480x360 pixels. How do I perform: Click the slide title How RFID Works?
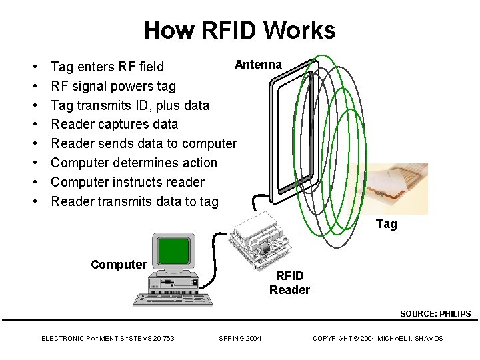click(x=239, y=30)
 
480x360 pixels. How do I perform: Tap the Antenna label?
click(x=258, y=64)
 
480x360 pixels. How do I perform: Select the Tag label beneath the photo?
click(x=386, y=224)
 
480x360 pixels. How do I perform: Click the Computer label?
click(x=118, y=264)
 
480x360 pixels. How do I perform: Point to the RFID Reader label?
click(x=289, y=283)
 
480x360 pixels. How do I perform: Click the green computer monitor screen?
click(x=173, y=251)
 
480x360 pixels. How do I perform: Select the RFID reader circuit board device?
click(x=262, y=240)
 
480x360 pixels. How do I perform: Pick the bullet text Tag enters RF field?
click(x=111, y=67)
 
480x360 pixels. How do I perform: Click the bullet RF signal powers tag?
click(x=113, y=86)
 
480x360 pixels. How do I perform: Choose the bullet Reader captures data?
click(x=115, y=124)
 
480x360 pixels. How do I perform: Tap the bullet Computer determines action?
click(x=134, y=163)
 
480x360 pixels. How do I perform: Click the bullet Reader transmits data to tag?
click(x=135, y=201)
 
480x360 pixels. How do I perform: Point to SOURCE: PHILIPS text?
click(x=435, y=313)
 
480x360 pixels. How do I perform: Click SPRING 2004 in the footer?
click(x=240, y=339)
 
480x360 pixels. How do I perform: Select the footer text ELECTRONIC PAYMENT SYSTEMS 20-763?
click(x=108, y=339)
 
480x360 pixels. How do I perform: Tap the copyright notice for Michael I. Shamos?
click(x=378, y=339)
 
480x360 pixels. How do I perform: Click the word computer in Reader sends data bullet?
click(x=208, y=143)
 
